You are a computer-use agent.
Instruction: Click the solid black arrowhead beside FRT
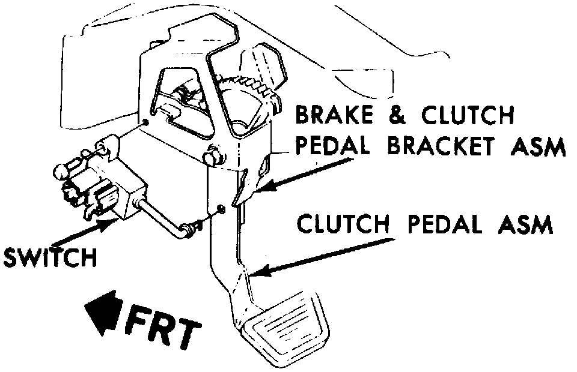105,311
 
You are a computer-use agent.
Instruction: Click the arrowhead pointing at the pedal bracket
269,185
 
